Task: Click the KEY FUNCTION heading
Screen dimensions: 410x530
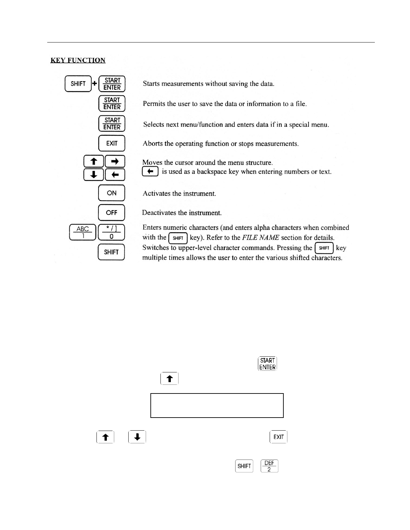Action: [x=78, y=60]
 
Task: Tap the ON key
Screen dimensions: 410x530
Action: [x=112, y=193]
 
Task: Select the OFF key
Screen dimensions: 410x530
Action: [x=112, y=212]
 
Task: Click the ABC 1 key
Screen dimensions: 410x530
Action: [x=82, y=232]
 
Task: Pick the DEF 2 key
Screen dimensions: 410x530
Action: [x=269, y=466]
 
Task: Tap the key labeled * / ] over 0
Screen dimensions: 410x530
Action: [x=111, y=232]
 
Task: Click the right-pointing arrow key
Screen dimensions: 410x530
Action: [x=115, y=161]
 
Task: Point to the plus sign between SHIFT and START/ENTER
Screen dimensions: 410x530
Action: [x=94, y=83]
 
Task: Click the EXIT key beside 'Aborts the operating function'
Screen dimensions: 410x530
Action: [x=112, y=143]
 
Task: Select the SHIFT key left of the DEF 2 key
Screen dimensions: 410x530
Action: [x=244, y=466]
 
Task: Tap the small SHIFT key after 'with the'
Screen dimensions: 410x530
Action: [x=178, y=238]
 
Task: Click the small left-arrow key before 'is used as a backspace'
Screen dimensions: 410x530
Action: [x=150, y=171]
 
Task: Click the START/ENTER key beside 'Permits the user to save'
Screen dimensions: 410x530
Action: [x=112, y=103]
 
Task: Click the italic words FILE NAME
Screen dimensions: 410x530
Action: [x=260, y=238]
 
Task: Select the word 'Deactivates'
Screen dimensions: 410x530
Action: [x=159, y=213]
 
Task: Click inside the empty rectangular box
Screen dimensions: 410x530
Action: [x=217, y=406]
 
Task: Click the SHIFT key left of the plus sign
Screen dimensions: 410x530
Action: [x=78, y=84]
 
